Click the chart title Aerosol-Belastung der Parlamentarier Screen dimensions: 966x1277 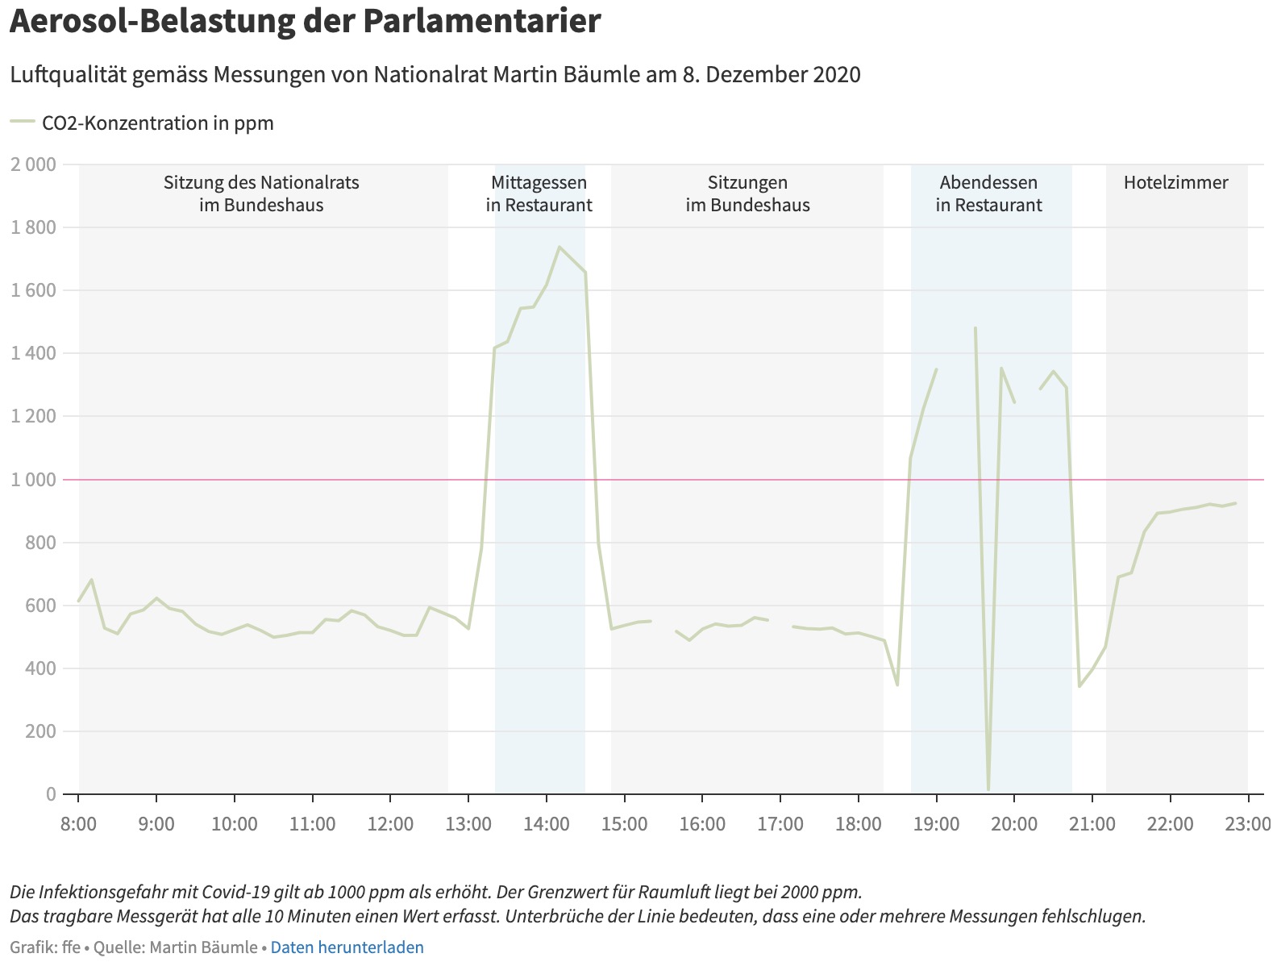[305, 22]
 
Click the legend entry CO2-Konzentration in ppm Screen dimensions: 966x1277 [157, 123]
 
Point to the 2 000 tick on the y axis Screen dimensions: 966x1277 [33, 164]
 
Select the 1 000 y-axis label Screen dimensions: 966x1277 [33, 480]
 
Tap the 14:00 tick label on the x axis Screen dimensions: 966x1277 [547, 824]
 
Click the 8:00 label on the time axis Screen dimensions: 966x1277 [78, 824]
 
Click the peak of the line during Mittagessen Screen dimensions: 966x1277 [559, 247]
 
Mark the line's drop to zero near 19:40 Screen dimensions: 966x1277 [988, 789]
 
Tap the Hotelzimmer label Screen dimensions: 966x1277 [1175, 183]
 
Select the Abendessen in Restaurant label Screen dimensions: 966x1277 [988, 194]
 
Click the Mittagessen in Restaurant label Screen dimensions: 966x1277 [539, 194]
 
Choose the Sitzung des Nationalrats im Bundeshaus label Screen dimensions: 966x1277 [261, 194]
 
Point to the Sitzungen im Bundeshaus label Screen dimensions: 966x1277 [747, 194]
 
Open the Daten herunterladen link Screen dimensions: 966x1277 [347, 947]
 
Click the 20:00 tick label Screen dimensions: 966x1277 [1013, 824]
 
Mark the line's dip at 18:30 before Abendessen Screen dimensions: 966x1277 [897, 685]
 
